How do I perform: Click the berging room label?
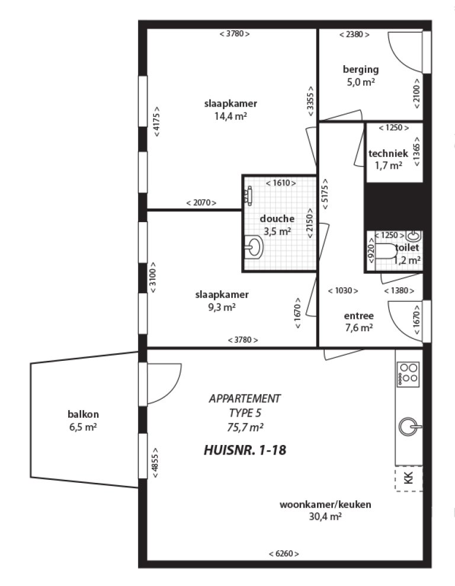tap(361, 69)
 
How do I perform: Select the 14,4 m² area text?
tap(230, 116)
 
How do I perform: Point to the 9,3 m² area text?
tap(222, 307)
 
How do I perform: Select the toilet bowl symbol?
tap(386, 252)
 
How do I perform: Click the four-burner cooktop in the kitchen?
tap(408, 374)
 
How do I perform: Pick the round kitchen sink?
tap(408, 425)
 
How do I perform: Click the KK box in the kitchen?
tap(408, 478)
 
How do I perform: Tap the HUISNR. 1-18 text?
tap(245, 450)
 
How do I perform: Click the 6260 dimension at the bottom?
tap(284, 553)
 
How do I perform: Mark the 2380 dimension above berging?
tap(354, 34)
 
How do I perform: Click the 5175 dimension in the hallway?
tap(325, 191)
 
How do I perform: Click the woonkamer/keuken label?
tap(325, 505)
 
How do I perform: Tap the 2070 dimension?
tap(201, 203)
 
